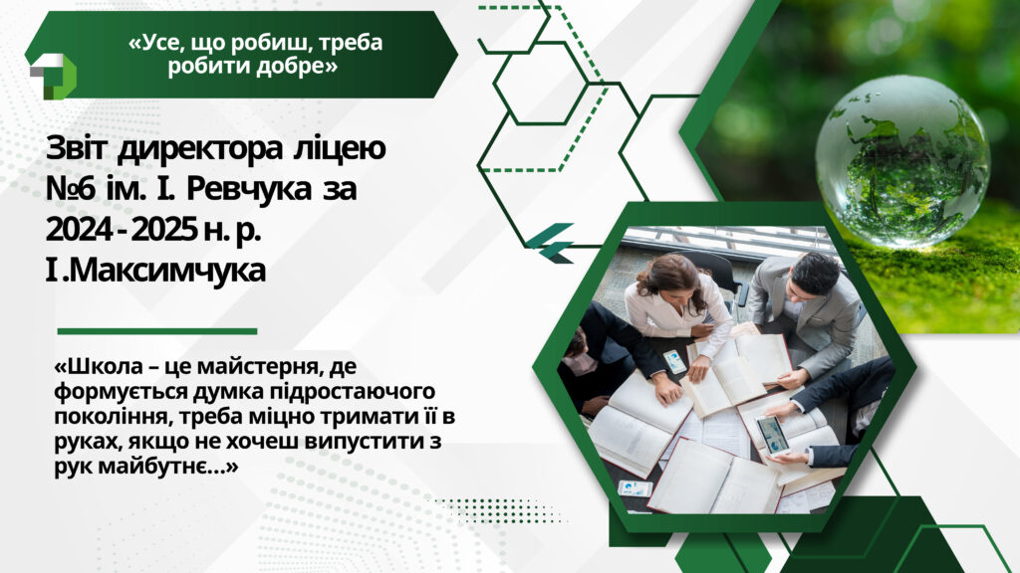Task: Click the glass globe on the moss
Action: (902, 160)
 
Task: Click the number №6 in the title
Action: (72, 189)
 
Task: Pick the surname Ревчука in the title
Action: (246, 191)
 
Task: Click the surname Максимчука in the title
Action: (166, 271)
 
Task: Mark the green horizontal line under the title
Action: (156, 331)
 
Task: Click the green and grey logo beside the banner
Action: (52, 76)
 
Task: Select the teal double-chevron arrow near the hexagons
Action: (550, 243)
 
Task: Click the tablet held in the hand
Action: (772, 434)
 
